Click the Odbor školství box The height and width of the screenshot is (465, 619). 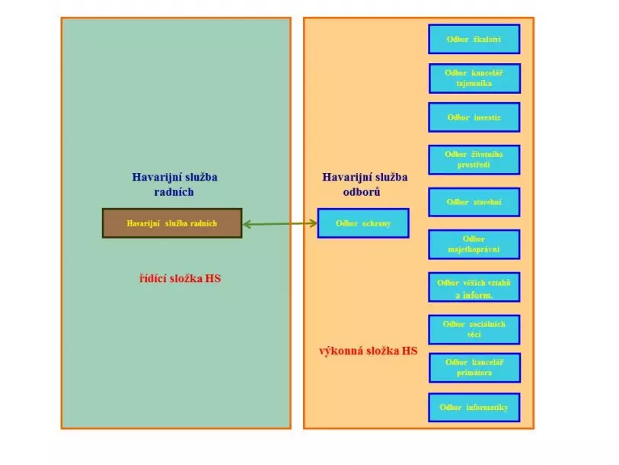click(x=474, y=39)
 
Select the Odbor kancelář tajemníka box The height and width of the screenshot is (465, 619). click(x=474, y=78)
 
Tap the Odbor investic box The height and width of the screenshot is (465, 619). click(x=474, y=117)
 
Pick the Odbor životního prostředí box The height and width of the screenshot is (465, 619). click(x=474, y=159)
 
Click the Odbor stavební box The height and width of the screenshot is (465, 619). click(x=474, y=202)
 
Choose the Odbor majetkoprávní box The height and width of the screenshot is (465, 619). click(x=474, y=244)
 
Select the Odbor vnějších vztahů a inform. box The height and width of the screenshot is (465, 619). click(x=474, y=287)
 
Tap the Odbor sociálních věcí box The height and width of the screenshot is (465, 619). click(x=474, y=329)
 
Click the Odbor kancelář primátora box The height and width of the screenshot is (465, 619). click(x=474, y=367)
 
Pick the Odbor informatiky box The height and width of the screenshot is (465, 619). click(x=474, y=407)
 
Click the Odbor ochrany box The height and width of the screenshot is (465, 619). click(x=363, y=223)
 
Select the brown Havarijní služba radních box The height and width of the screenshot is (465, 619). click(x=172, y=223)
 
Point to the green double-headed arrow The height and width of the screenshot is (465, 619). click(x=279, y=223)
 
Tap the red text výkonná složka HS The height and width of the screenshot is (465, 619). click(x=368, y=351)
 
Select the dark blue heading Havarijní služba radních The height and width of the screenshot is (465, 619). click(x=174, y=184)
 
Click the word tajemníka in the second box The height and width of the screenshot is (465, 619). click(x=474, y=83)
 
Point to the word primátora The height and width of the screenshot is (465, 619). click(x=474, y=373)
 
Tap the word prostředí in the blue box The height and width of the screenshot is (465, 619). click(x=474, y=165)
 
